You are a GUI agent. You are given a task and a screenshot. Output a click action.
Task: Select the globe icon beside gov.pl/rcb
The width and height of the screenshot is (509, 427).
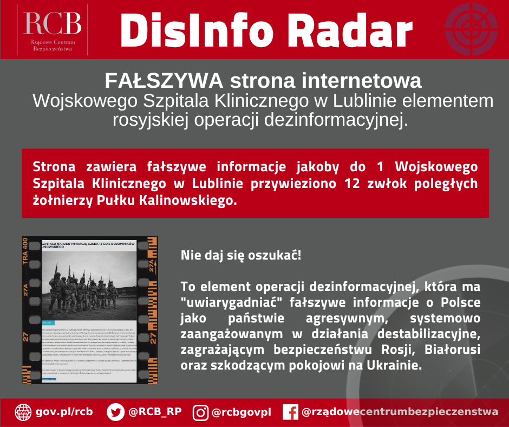23,412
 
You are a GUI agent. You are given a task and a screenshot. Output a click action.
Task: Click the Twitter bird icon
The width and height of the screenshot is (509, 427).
115,412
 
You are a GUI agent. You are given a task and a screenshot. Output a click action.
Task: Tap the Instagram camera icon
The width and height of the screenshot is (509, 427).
201,412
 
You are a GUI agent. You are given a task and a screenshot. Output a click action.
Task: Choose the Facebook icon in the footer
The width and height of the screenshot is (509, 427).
290,412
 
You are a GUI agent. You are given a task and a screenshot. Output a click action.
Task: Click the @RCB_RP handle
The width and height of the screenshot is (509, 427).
154,412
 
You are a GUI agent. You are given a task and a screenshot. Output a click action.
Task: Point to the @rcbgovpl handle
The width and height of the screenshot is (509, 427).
241,412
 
